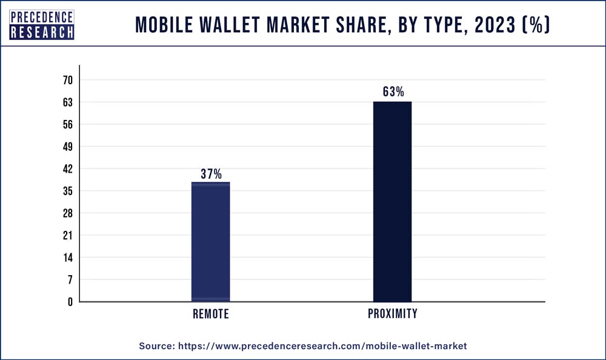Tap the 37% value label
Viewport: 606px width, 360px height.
click(211, 174)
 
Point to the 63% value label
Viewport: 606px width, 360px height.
click(393, 92)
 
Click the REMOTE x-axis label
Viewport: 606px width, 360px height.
click(211, 314)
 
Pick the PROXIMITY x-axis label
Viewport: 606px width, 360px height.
click(393, 314)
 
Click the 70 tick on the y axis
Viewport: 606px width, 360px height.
click(67, 80)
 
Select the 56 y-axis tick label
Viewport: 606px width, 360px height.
click(67, 124)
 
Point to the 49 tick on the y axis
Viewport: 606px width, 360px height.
click(67, 147)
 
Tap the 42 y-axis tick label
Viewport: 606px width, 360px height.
click(67, 168)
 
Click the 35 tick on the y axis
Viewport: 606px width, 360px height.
click(67, 191)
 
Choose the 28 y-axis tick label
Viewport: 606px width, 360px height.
click(67, 213)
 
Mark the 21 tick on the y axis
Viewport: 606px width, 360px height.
click(67, 235)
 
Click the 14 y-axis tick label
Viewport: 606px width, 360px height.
click(67, 257)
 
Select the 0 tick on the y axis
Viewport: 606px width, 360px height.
click(70, 301)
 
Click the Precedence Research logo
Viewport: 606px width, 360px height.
click(42, 25)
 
